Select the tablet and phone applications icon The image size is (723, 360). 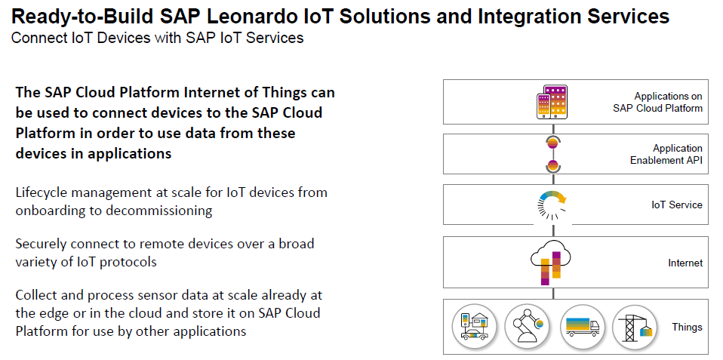coord(552,102)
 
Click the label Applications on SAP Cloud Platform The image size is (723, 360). coord(657,103)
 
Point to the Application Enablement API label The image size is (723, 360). coord(666,155)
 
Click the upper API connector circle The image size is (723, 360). coord(552,143)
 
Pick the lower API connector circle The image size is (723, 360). coord(552,165)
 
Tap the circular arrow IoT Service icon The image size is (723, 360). coord(552,205)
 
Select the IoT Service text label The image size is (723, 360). coord(677,205)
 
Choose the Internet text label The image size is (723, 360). coord(686,263)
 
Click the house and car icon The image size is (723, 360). coord(474,327)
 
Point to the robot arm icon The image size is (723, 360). coord(526,327)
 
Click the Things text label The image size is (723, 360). coord(687,328)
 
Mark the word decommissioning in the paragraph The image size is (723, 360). coord(159,211)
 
